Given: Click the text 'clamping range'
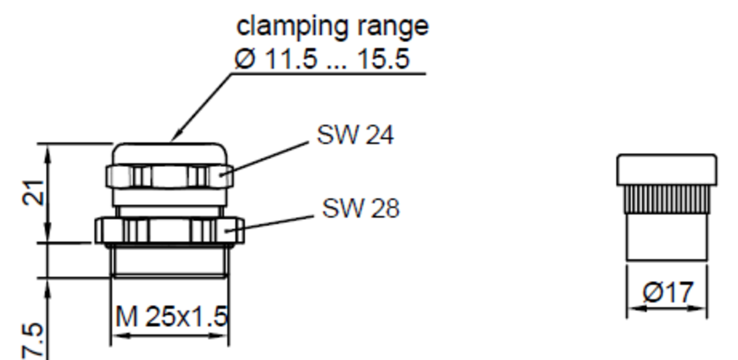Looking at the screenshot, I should pyautogui.click(x=333, y=26).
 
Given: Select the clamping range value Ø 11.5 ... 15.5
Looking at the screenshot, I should pyautogui.click(x=322, y=60).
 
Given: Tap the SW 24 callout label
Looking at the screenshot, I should pyautogui.click(x=355, y=134).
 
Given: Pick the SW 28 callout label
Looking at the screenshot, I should pyautogui.click(x=361, y=209).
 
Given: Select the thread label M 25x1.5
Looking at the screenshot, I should pyautogui.click(x=171, y=317).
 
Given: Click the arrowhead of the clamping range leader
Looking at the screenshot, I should pyautogui.click(x=176, y=137).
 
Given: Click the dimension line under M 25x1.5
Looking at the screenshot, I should pyautogui.click(x=169, y=336).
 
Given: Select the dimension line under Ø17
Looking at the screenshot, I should pyautogui.click(x=667, y=308).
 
